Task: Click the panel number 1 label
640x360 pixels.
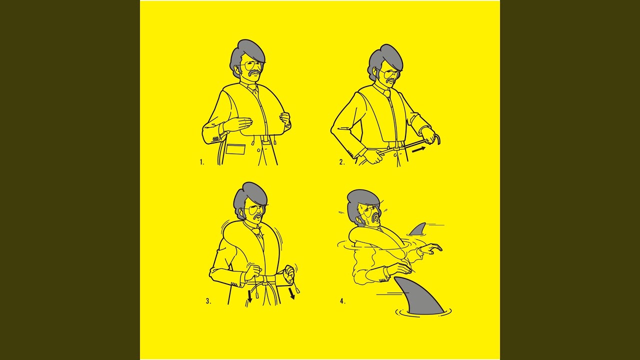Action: click(x=201, y=162)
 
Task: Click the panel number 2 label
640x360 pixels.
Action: click(x=342, y=162)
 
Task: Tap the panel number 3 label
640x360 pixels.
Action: click(x=208, y=301)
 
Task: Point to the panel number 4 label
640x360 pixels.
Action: click(x=343, y=301)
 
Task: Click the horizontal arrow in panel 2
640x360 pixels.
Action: click(x=418, y=149)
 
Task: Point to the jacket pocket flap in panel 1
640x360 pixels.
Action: click(x=235, y=149)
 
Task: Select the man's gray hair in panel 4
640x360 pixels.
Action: click(x=361, y=204)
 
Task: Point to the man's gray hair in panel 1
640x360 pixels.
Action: click(x=246, y=55)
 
